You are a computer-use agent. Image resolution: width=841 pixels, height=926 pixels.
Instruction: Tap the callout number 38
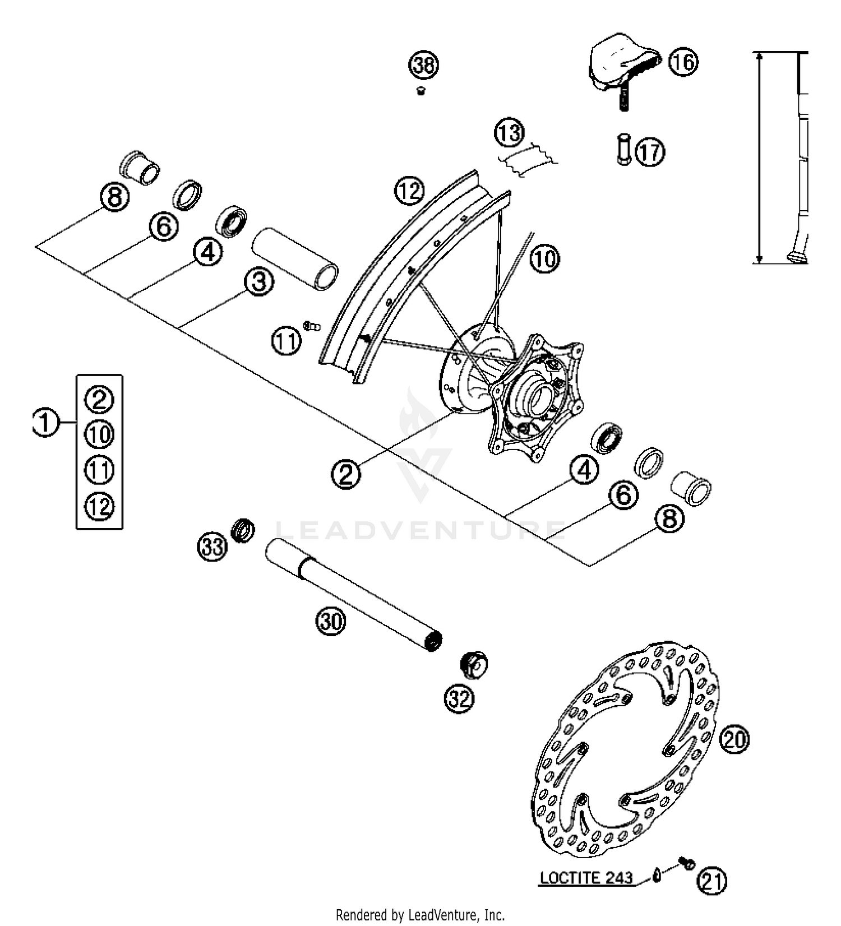coord(423,66)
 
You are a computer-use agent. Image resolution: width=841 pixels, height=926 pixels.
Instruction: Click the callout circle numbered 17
coord(650,152)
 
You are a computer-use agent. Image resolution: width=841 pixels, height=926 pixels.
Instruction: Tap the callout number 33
coord(212,546)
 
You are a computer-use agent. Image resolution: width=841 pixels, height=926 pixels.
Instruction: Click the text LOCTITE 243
coord(586,878)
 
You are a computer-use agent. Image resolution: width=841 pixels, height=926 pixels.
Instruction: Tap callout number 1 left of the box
coord(45,422)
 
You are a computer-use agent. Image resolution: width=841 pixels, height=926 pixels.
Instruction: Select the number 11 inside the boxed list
coord(99,470)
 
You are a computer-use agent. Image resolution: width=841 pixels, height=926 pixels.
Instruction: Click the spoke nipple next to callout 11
coord(310,325)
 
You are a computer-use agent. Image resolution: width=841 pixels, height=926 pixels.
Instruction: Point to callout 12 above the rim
coord(409,191)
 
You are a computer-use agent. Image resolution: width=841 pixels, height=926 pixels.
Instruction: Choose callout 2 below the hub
coord(346,475)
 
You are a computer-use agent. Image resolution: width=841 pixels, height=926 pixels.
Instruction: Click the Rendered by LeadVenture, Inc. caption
coord(420,915)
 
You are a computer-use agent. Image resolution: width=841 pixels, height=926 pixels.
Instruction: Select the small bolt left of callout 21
coord(686,864)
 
